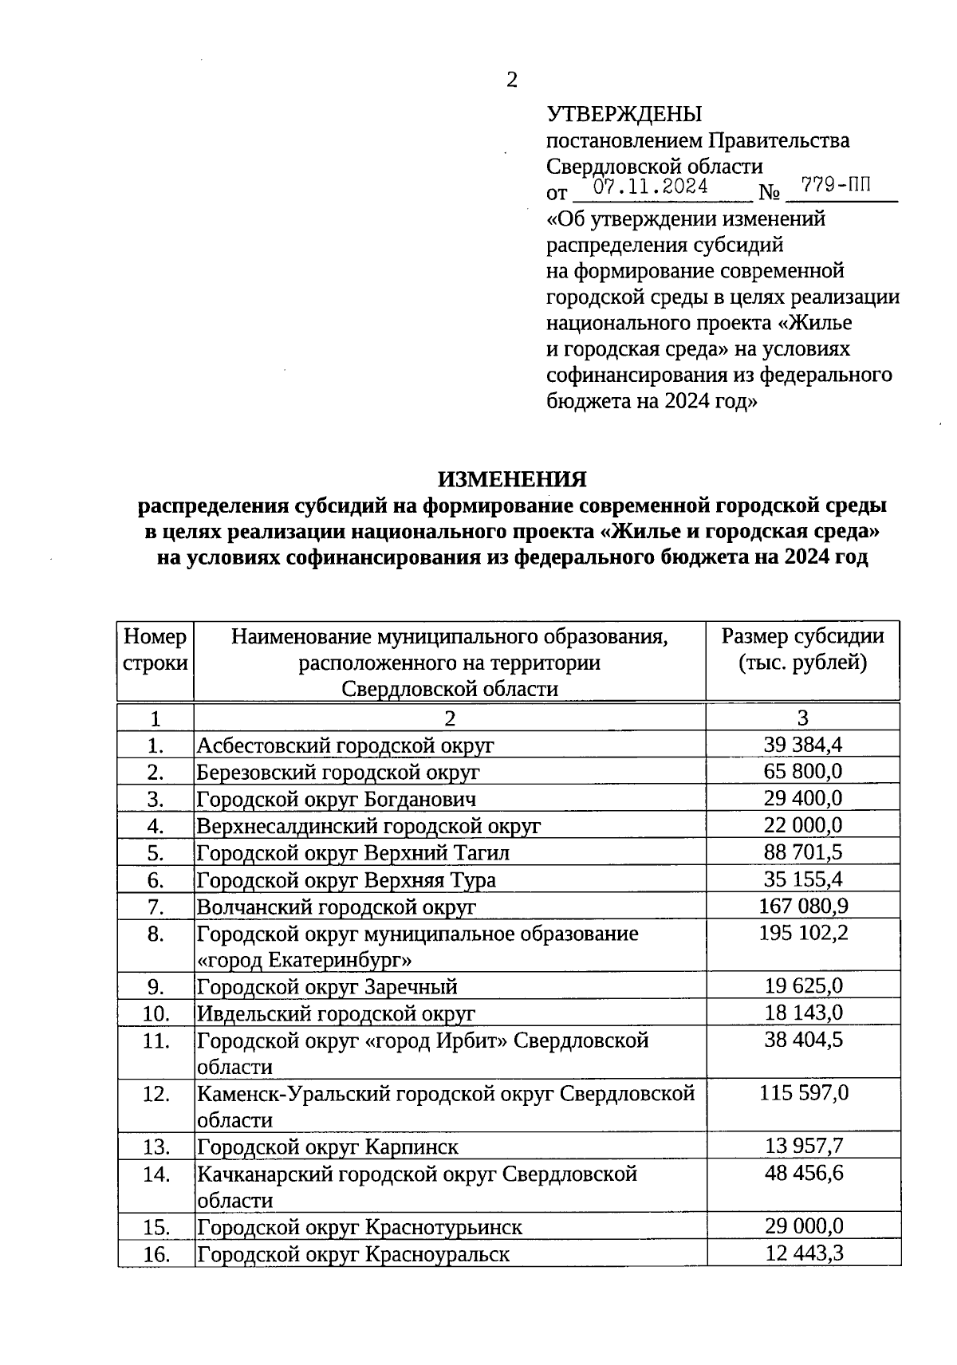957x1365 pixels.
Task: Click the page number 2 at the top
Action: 512,80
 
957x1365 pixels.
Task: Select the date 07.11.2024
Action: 652,187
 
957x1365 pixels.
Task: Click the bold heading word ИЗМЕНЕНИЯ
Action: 511,479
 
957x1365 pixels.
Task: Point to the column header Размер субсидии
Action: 802,636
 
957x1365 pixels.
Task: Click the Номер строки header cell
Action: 156,649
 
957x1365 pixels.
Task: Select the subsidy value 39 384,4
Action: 803,745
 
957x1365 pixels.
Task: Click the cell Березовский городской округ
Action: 338,772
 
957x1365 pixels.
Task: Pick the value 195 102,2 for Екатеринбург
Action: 803,933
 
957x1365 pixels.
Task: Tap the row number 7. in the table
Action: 156,907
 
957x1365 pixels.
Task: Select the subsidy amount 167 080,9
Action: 803,906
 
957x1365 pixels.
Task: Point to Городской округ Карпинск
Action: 328,1147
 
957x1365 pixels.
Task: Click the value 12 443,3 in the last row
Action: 803,1253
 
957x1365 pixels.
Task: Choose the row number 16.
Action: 156,1254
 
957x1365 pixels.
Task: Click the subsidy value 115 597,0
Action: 803,1093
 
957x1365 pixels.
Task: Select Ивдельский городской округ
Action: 336,1013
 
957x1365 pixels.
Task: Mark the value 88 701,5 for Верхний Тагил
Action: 803,852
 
